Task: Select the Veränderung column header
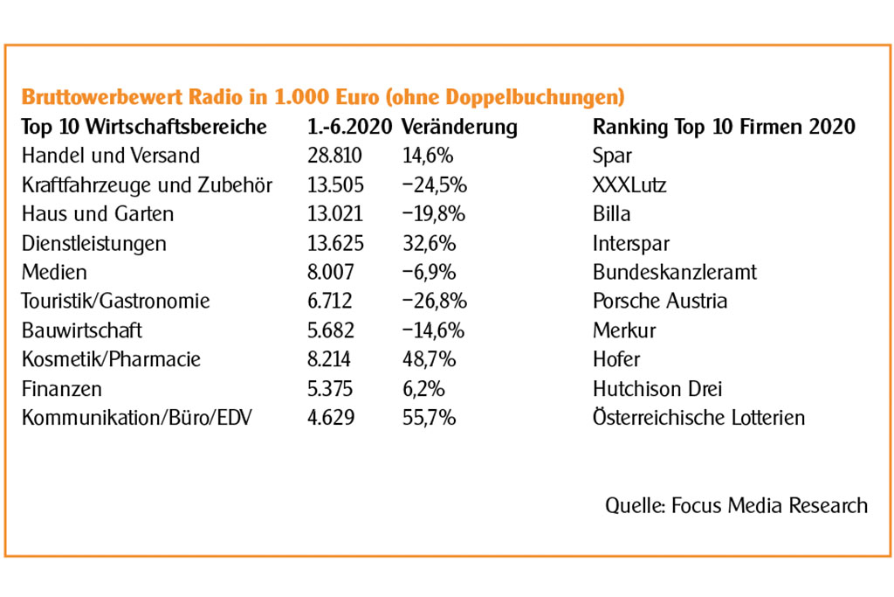coord(459,127)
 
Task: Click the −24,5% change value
coord(434,184)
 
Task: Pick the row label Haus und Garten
coord(97,213)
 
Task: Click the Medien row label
coord(54,272)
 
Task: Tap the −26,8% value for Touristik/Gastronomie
coord(434,301)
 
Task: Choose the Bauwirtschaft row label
coord(81,330)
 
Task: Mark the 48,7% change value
coord(428,359)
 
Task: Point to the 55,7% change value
coord(428,417)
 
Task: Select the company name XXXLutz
coord(629,184)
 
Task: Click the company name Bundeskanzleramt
coord(675,272)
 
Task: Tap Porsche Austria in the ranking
coord(660,301)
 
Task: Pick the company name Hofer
coord(616,359)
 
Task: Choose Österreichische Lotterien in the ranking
coord(698,417)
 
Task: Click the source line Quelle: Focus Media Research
coord(736,504)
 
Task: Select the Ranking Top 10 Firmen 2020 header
coord(724,127)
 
